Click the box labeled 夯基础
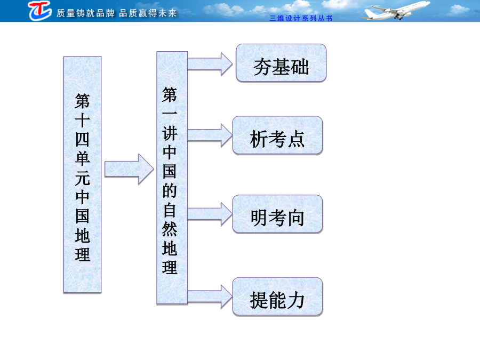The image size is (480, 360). coord(281,63)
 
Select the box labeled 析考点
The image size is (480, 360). coord(277,135)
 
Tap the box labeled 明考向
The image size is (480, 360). coord(277,214)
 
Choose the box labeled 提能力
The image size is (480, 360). coord(277,297)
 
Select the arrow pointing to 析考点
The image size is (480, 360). coord(210,135)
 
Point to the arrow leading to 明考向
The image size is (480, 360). coord(210,214)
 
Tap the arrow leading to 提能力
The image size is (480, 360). coord(210,297)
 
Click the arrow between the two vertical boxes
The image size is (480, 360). coord(129,169)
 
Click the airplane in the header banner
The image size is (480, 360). coord(396,10)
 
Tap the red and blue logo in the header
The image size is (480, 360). coord(40,11)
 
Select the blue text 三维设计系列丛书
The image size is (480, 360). coord(301,18)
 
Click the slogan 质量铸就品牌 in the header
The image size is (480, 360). coord(85,13)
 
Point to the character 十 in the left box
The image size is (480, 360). coord(82,121)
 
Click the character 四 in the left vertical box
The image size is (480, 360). coord(82,140)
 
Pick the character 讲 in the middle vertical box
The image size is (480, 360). coord(170,133)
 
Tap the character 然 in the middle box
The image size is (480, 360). coord(170,229)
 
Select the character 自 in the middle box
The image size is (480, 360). coord(170,210)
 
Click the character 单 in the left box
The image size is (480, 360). coord(82,158)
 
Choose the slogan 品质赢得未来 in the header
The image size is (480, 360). coord(148,13)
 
